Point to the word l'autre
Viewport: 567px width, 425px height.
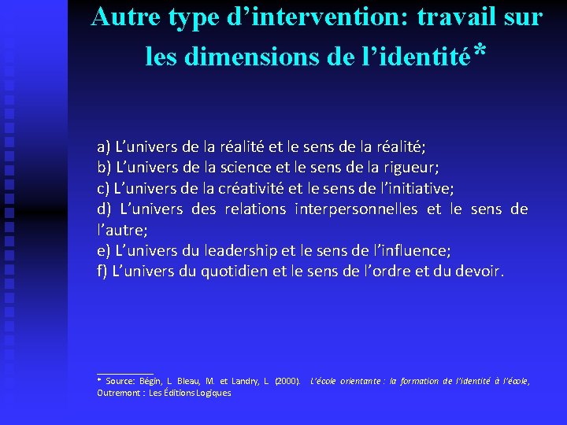coord(121,230)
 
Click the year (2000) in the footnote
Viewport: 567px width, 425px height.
coord(287,381)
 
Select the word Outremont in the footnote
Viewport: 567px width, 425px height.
coord(118,393)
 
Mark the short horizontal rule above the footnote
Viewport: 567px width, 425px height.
coord(124,373)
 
